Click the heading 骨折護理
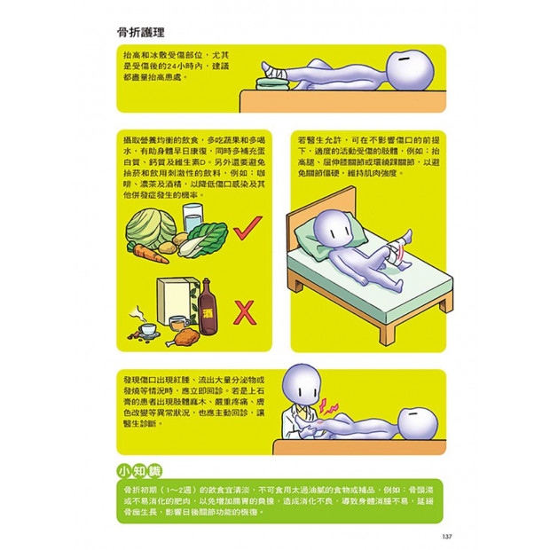[140, 33]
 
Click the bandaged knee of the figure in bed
[398, 244]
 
